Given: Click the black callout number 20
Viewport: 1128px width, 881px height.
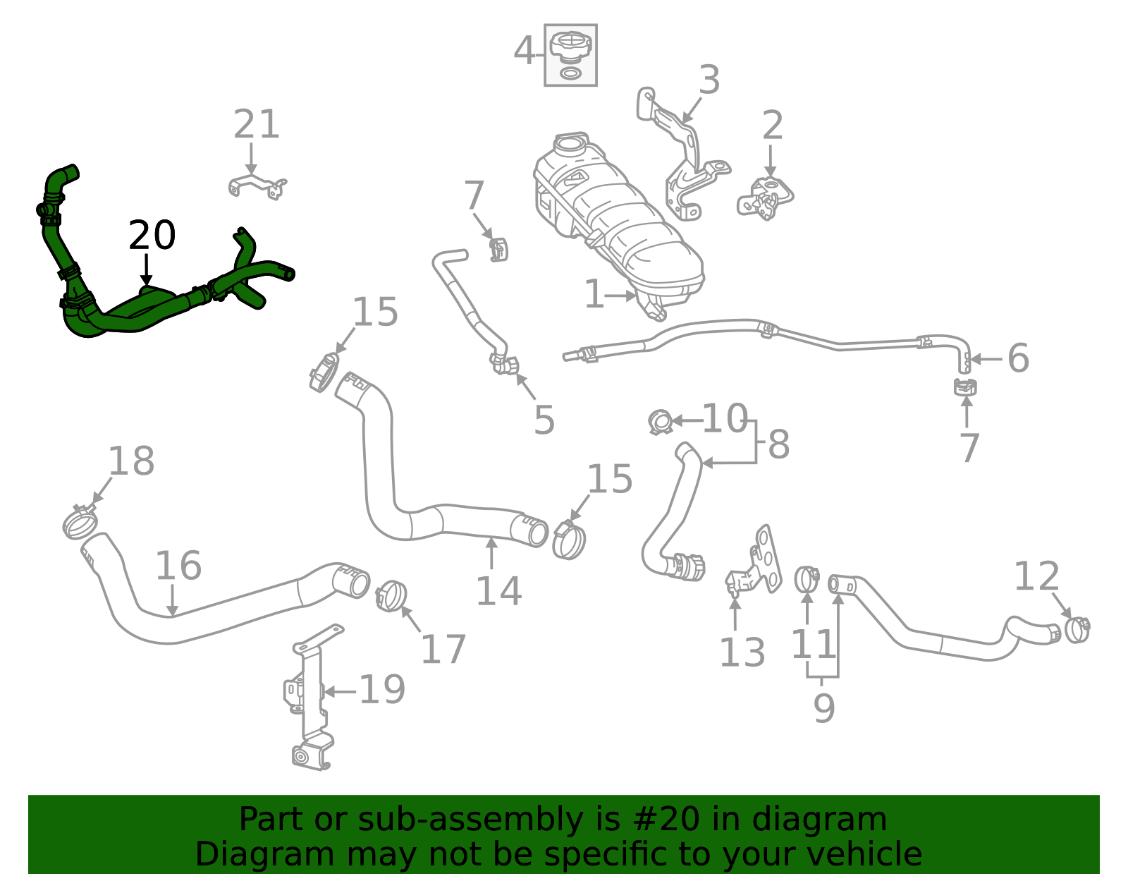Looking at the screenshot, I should tap(152, 236).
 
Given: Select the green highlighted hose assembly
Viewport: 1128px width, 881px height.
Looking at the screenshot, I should tap(141, 310).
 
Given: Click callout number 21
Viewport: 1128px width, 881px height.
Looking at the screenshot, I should tap(257, 125).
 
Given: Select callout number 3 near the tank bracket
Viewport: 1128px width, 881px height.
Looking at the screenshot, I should tap(709, 80).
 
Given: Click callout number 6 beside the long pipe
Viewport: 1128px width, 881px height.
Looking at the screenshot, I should tap(1018, 358).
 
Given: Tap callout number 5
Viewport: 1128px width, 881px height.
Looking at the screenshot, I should tap(544, 420).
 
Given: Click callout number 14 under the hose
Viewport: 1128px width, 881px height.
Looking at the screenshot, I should tap(498, 591).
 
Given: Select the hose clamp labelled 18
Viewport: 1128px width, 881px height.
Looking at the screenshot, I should tap(79, 523).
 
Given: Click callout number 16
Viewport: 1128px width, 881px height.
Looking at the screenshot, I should tap(178, 566).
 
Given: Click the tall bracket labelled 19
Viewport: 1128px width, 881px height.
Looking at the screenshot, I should tap(310, 698).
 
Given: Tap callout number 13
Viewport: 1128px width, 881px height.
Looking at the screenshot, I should tap(742, 653).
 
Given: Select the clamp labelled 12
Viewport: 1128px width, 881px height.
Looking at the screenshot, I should tap(1077, 629).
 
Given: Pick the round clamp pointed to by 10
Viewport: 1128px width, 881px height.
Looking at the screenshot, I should tap(661, 422).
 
